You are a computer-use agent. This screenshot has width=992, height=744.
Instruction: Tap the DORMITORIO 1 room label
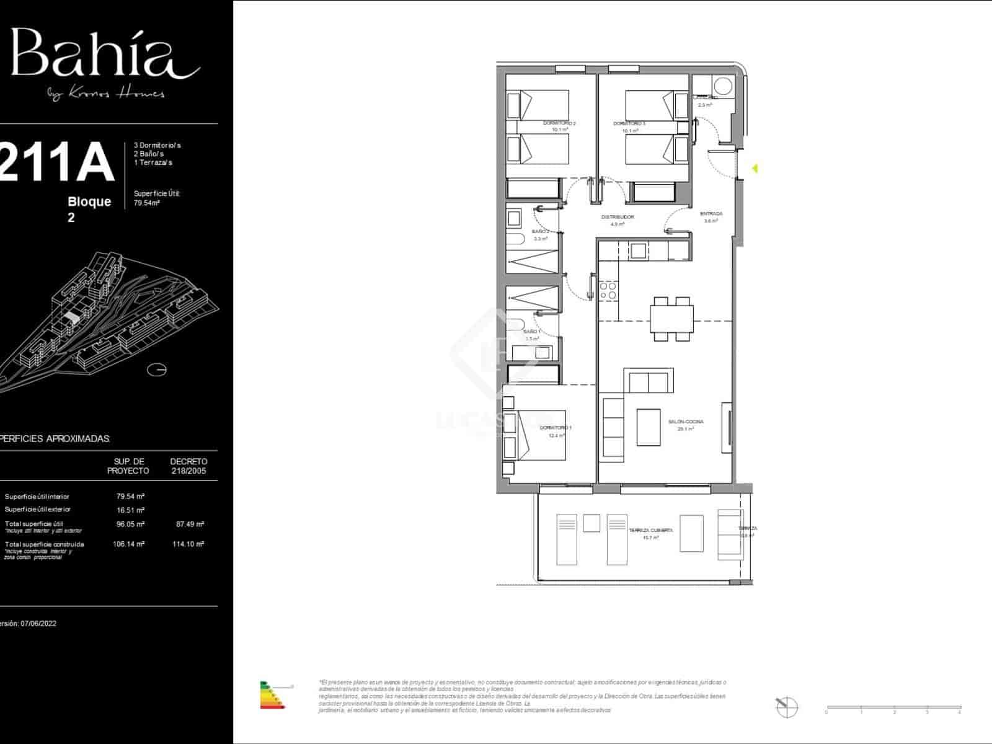(556, 428)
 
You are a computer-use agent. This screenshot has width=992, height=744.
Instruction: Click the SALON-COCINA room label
(686, 422)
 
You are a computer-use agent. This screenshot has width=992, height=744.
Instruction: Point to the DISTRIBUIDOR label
(618, 217)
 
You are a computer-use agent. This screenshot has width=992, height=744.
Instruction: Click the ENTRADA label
(711, 214)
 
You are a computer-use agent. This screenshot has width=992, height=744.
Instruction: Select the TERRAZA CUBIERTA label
(650, 531)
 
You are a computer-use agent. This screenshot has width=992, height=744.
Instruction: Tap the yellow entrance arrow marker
(755, 168)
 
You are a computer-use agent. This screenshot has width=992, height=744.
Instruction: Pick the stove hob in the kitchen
(608, 290)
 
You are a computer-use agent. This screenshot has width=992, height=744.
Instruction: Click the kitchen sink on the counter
(639, 250)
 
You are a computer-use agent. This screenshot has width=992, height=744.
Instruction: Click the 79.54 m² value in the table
(130, 497)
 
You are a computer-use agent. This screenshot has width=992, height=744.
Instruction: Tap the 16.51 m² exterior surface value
(130, 510)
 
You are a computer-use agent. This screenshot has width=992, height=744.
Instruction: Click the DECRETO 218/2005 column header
(188, 466)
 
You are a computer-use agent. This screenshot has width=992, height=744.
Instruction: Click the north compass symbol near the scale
(787, 706)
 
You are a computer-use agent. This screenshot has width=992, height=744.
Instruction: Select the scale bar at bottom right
(893, 707)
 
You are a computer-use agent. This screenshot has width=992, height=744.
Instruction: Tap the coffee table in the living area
(649, 427)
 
